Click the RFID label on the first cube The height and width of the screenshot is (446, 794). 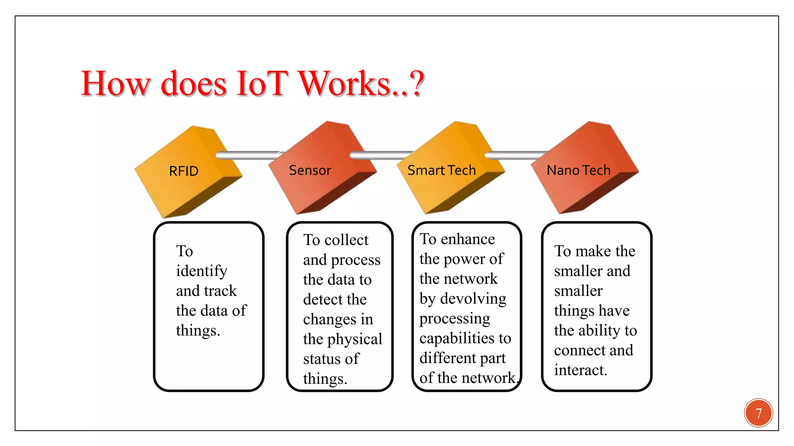[x=184, y=171]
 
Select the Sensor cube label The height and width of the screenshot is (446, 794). [x=310, y=170]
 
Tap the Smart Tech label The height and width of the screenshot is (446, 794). [x=441, y=170]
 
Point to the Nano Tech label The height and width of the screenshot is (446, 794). [x=578, y=170]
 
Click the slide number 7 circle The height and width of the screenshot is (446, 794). [x=758, y=413]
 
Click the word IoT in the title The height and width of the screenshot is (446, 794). [x=262, y=84]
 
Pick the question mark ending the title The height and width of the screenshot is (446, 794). [x=416, y=84]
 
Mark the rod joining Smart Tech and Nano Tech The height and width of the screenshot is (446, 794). [x=516, y=155]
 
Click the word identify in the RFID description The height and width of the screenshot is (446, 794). [x=202, y=271]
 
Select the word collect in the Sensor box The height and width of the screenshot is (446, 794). [x=346, y=240]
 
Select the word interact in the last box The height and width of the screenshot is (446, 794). [x=580, y=370]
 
